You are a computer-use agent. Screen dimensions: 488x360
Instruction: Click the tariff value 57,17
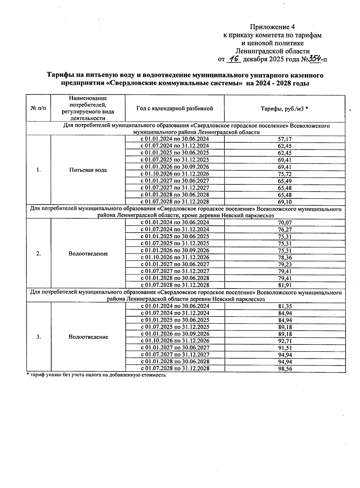(285, 139)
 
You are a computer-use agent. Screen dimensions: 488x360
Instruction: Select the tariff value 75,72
(285, 174)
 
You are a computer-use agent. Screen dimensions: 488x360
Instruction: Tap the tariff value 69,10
(285, 202)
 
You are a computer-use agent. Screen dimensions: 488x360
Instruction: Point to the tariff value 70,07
(285, 223)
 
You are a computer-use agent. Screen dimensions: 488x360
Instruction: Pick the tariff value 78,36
(285, 257)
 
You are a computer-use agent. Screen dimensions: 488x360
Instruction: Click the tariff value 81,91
(285, 285)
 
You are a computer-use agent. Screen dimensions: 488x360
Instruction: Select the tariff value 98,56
(285, 369)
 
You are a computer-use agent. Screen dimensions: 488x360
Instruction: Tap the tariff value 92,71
(285, 341)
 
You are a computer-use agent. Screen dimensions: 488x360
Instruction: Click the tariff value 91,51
(285, 348)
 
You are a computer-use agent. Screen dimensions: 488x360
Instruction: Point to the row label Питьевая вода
(88, 170)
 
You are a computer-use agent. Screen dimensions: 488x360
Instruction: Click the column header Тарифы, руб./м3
(284, 108)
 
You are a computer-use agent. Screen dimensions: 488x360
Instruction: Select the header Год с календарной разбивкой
(175, 108)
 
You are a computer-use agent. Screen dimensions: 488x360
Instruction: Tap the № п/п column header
(38, 108)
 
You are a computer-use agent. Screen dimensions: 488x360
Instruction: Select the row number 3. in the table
(39, 337)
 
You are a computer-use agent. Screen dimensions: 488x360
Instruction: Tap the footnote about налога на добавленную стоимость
(96, 375)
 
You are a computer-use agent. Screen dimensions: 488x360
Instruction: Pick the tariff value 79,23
(285, 264)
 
